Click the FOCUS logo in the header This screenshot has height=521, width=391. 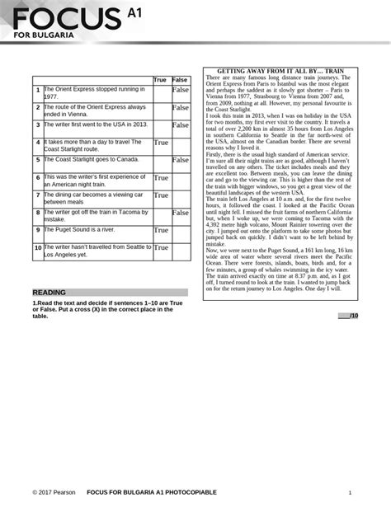(69, 17)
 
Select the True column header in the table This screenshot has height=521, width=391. (160, 80)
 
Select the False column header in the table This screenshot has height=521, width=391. (179, 80)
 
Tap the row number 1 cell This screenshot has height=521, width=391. (38, 90)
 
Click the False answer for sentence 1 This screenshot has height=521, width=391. (180, 90)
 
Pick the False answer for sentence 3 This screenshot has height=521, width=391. (180, 125)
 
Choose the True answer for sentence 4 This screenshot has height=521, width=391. (161, 143)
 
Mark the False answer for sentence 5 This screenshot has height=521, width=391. (180, 160)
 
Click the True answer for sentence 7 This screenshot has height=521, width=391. (161, 195)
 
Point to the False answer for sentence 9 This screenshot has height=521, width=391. (180, 231)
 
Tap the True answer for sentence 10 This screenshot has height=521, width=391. (161, 247)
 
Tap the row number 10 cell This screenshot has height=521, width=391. (38, 247)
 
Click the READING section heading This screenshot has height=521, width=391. (49, 293)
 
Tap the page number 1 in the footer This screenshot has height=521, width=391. (351, 492)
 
